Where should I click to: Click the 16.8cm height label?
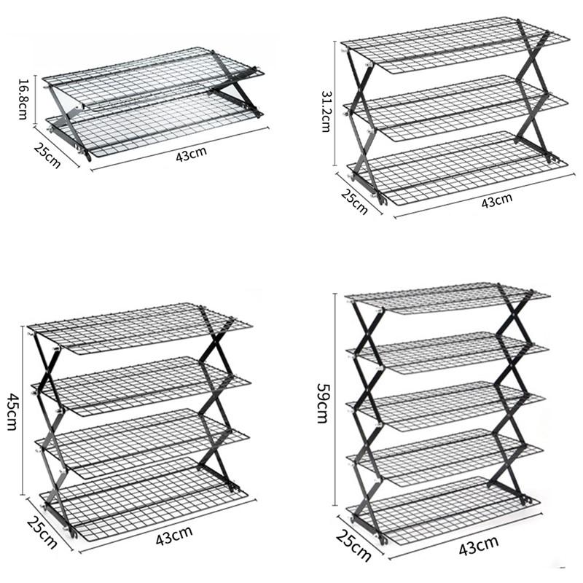tap(23, 99)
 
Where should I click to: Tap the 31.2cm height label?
tap(326, 111)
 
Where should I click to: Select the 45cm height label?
tap(12, 412)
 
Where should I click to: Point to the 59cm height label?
tap(322, 404)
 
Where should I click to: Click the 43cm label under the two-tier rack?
tap(191, 154)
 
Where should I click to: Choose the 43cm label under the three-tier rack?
tap(497, 200)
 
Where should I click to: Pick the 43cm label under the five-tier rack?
tap(479, 546)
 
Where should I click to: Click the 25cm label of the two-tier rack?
tap(47, 155)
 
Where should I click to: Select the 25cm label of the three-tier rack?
tap(354, 202)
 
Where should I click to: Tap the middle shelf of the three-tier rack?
tap(456, 107)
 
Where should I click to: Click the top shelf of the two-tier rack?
tap(153, 78)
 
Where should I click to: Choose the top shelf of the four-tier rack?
tap(140, 328)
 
